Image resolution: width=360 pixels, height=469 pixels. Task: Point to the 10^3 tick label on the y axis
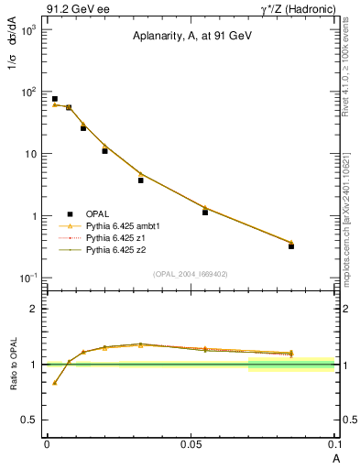click(28, 30)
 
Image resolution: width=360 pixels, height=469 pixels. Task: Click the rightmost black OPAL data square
click(291, 246)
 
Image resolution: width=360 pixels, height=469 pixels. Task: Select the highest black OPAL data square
click(55, 99)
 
